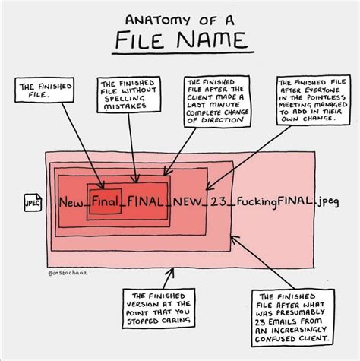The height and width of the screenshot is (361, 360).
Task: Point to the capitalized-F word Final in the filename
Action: pos(103,203)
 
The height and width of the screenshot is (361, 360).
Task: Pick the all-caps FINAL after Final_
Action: pos(144,203)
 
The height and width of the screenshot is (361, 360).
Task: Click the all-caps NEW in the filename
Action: pos(188,203)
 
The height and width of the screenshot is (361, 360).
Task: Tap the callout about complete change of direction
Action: pos(212,101)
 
